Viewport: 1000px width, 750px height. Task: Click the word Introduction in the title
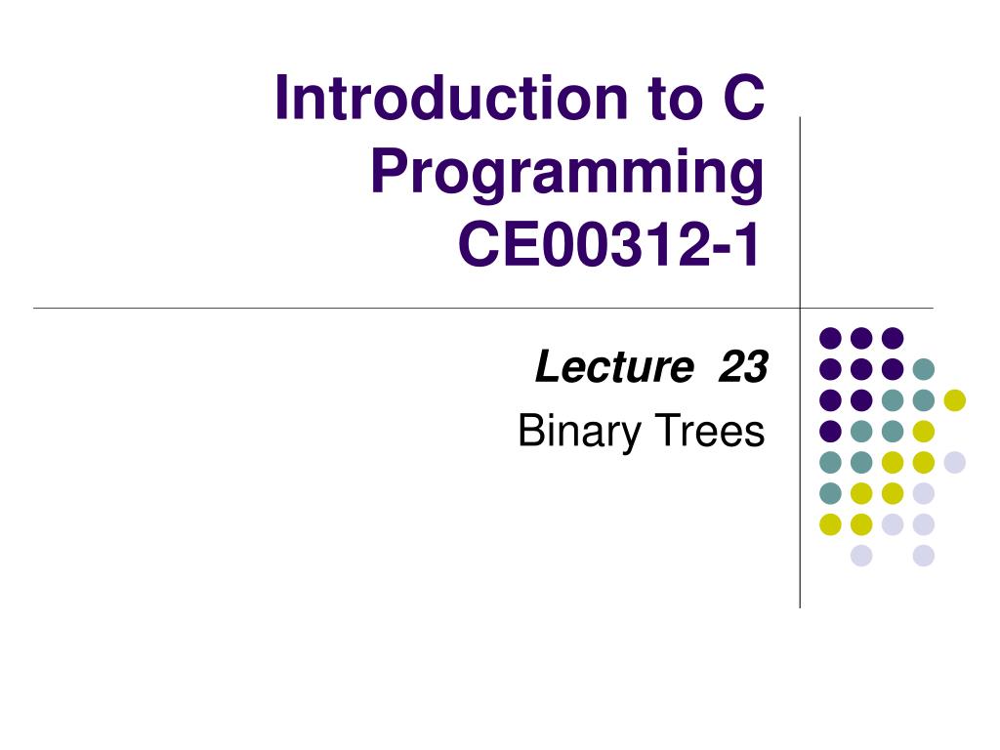click(x=451, y=98)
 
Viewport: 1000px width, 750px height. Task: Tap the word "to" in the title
click(x=675, y=100)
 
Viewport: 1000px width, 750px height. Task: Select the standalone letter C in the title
click(x=743, y=98)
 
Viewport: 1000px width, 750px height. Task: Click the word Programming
click(x=567, y=172)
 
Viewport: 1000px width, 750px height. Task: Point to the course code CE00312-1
click(x=609, y=245)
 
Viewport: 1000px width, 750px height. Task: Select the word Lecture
click(x=614, y=367)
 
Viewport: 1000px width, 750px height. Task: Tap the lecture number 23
click(x=743, y=367)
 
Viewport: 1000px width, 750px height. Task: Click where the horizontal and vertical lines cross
click(x=800, y=308)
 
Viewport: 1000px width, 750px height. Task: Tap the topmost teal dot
click(x=924, y=368)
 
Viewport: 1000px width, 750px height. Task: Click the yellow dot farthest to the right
click(x=955, y=399)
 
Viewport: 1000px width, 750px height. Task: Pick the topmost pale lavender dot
click(x=955, y=462)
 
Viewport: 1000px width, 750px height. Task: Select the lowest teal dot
click(x=830, y=493)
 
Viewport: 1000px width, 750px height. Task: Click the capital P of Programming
click(x=389, y=170)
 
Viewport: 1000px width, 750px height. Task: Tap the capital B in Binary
click(x=532, y=431)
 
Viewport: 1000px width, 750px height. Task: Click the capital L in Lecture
click(x=549, y=367)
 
